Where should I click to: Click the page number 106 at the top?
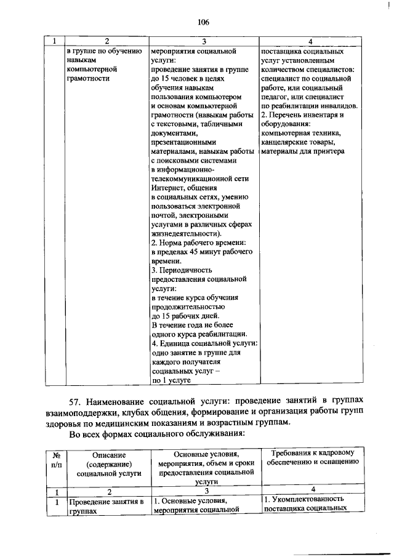(204, 23)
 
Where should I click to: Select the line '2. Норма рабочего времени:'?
(199, 243)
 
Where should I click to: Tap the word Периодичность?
(186, 270)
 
